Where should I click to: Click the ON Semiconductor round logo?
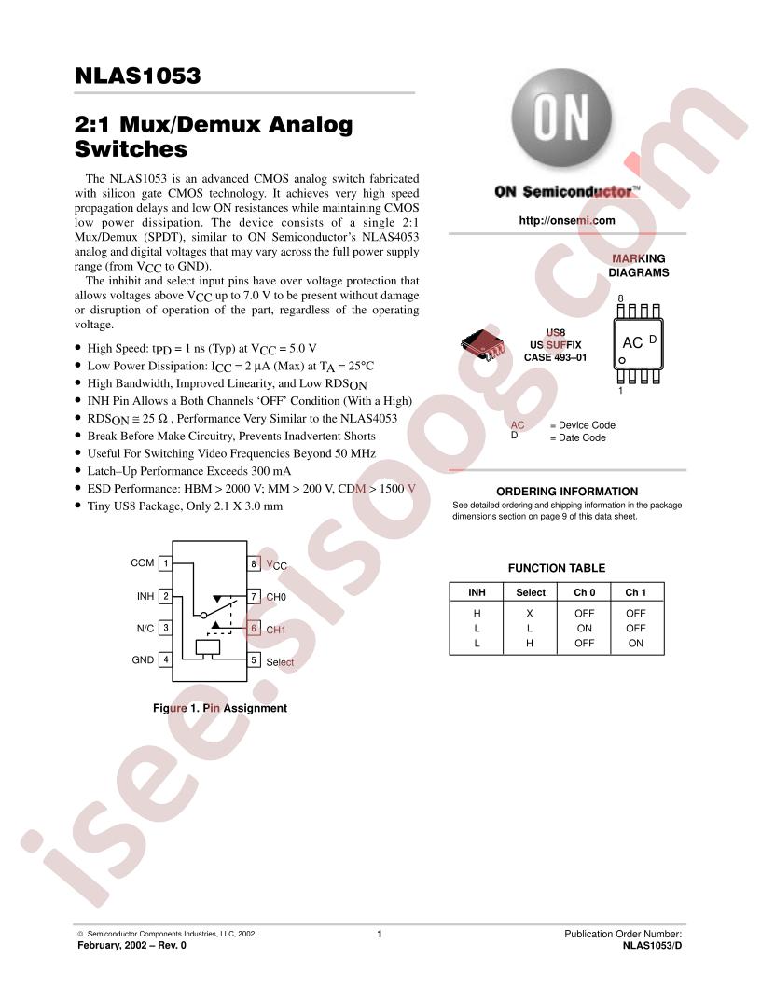click(560, 118)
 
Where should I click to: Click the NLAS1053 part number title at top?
click(137, 76)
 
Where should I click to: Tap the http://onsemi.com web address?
click(566, 220)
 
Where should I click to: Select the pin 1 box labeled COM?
click(166, 562)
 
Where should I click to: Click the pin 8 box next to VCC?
click(253, 563)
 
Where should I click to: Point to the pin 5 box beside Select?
click(253, 660)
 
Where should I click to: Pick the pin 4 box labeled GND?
click(166, 659)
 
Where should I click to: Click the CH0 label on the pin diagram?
click(276, 597)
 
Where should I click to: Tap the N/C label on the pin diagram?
click(145, 628)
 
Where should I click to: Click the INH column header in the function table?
click(477, 592)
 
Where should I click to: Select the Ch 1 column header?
click(635, 592)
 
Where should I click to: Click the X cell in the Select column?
click(530, 613)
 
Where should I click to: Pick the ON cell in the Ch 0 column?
click(584, 628)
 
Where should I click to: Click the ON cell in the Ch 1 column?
click(635, 644)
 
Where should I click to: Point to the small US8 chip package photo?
click(483, 344)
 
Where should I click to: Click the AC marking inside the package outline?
click(632, 343)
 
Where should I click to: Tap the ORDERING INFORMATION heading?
click(567, 492)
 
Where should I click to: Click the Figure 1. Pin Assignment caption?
click(220, 708)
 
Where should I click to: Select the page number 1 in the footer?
click(380, 934)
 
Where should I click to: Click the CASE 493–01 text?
click(555, 357)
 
